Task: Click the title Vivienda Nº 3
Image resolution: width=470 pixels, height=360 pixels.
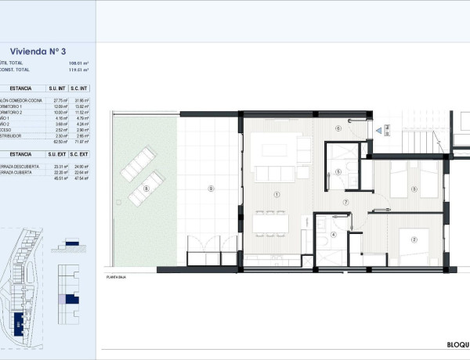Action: click(45, 52)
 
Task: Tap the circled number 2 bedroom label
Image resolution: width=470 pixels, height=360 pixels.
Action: click(415, 240)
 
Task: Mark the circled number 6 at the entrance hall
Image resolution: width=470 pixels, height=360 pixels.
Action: click(338, 128)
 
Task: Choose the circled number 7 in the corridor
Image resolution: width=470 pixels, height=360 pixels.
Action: click(344, 201)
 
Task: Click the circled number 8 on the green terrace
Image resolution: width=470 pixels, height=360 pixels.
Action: click(147, 189)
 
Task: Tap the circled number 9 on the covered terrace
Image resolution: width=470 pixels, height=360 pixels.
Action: click(210, 189)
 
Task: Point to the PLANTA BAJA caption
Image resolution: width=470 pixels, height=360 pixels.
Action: click(117, 278)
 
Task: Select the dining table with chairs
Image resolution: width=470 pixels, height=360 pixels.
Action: click(270, 222)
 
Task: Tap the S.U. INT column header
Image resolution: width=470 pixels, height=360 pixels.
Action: click(56, 90)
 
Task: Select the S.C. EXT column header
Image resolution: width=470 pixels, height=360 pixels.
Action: click(79, 155)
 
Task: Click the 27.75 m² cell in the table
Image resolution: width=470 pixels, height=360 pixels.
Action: click(56, 100)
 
